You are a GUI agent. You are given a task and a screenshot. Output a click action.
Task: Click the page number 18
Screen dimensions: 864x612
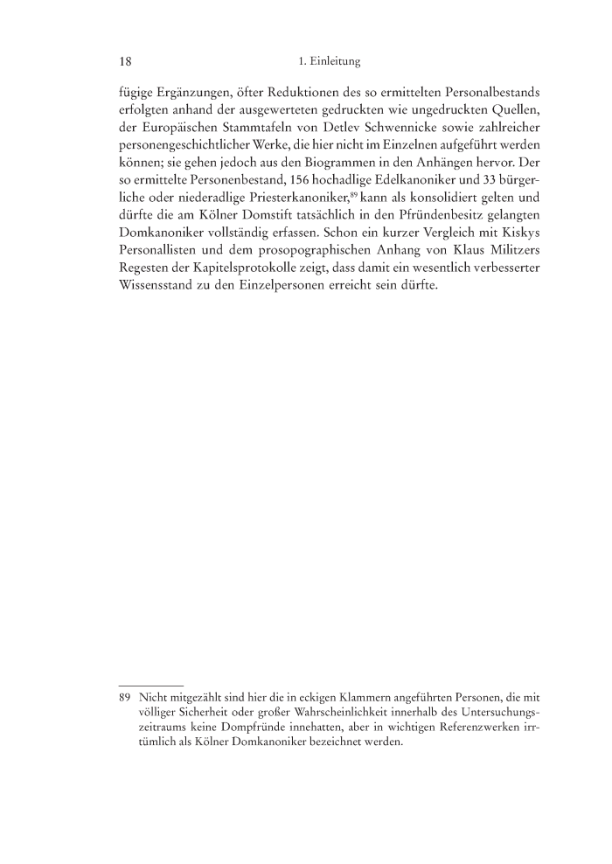pyautogui.click(x=125, y=62)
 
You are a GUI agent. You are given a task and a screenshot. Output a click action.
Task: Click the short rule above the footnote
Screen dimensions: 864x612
pyautogui.click(x=150, y=685)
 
